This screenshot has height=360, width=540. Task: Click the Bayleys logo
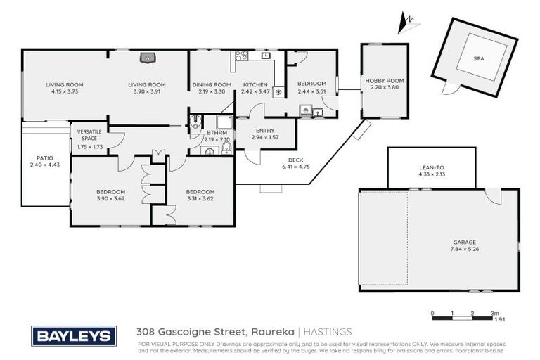click(70, 335)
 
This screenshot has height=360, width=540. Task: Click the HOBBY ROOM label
click(384, 82)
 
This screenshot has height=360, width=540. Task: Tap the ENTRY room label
click(265, 130)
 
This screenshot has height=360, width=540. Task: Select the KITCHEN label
click(255, 85)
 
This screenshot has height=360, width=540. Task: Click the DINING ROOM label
click(212, 85)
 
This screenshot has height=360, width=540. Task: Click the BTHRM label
click(215, 133)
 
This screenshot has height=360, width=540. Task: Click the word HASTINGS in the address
click(328, 331)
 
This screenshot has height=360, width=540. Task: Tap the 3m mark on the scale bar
click(495, 313)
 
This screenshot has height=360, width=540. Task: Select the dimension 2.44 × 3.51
click(312, 91)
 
